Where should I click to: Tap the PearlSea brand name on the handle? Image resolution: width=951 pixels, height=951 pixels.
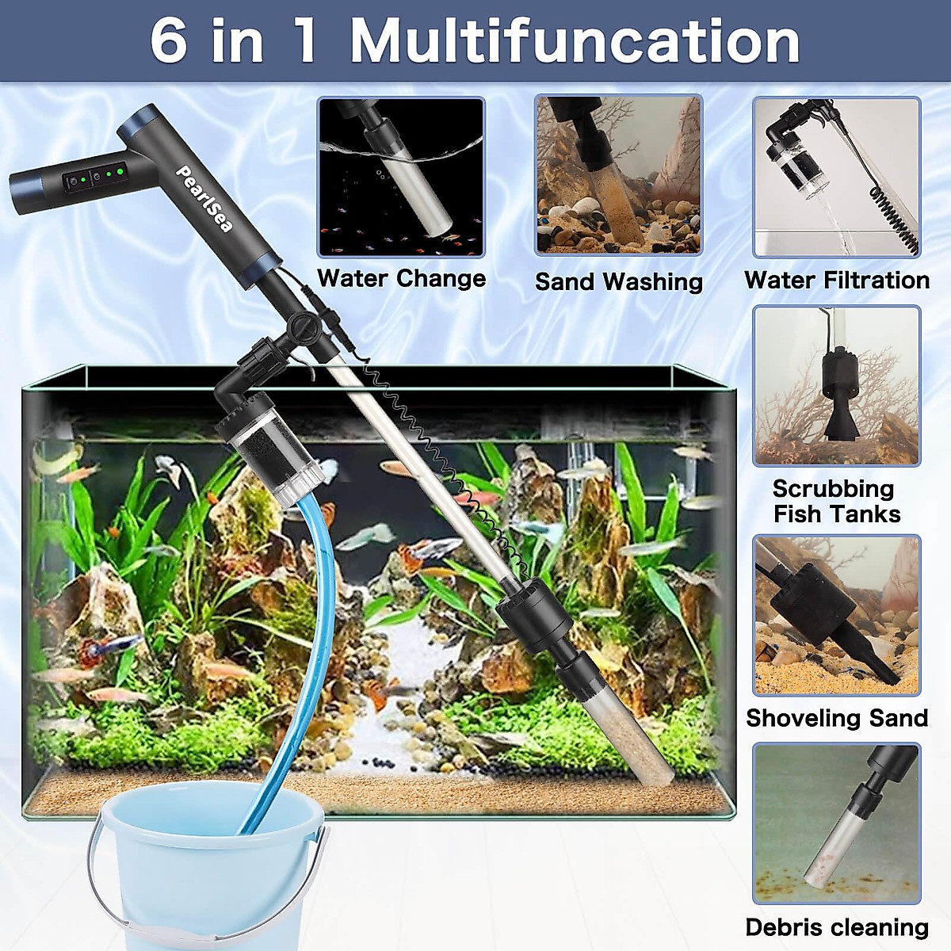[204, 199]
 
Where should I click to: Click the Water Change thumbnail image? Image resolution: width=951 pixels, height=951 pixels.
[401, 177]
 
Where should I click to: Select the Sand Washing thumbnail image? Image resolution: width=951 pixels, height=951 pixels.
[618, 175]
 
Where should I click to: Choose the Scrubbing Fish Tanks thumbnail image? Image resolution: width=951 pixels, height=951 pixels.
[836, 386]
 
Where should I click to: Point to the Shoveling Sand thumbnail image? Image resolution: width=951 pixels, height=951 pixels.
[836, 615]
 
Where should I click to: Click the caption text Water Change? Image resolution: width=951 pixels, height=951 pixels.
[401, 278]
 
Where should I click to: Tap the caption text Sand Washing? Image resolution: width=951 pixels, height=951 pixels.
[618, 281]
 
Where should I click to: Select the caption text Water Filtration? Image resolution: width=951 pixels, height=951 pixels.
[836, 280]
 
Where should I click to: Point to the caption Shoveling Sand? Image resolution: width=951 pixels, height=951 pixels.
[836, 718]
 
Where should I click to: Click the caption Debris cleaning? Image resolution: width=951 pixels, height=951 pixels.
[836, 927]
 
